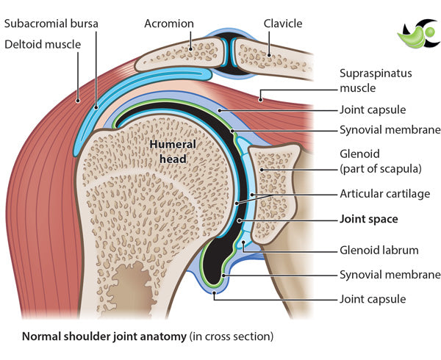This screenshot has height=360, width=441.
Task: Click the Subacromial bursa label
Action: [51, 24]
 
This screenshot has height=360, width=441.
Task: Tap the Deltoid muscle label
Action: [44, 44]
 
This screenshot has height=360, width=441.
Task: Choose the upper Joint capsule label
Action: [373, 110]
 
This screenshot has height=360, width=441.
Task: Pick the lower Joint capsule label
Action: [373, 299]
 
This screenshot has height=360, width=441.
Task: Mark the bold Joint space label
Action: [368, 218]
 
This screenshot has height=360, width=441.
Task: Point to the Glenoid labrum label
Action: [379, 250]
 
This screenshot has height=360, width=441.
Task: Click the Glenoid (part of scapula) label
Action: [380, 160]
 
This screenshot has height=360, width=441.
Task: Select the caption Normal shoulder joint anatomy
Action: [147, 337]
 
